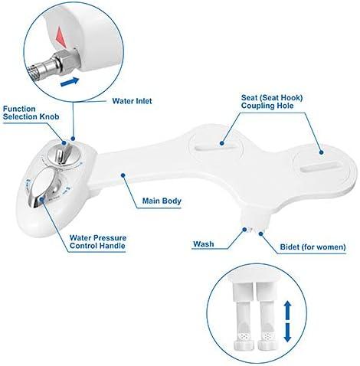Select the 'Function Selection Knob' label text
29,114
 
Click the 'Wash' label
203,244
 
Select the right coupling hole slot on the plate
317,165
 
